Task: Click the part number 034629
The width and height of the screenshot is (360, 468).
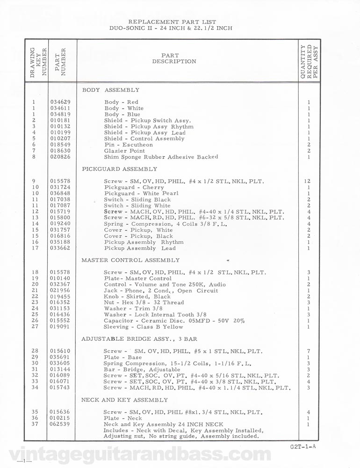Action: (x=58, y=102)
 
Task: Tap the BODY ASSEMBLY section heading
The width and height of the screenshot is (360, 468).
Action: (x=110, y=89)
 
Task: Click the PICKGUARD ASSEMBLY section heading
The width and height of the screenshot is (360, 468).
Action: (x=119, y=169)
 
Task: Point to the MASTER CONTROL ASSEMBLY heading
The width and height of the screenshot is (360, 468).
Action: (x=130, y=260)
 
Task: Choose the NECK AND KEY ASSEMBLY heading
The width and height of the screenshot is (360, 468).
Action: (x=124, y=400)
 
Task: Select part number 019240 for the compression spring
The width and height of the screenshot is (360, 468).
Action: (x=58, y=224)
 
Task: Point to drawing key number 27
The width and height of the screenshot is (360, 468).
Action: (x=34, y=327)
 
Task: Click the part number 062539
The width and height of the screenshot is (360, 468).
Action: (x=58, y=424)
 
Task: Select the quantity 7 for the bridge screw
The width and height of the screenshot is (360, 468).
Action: (x=309, y=351)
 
